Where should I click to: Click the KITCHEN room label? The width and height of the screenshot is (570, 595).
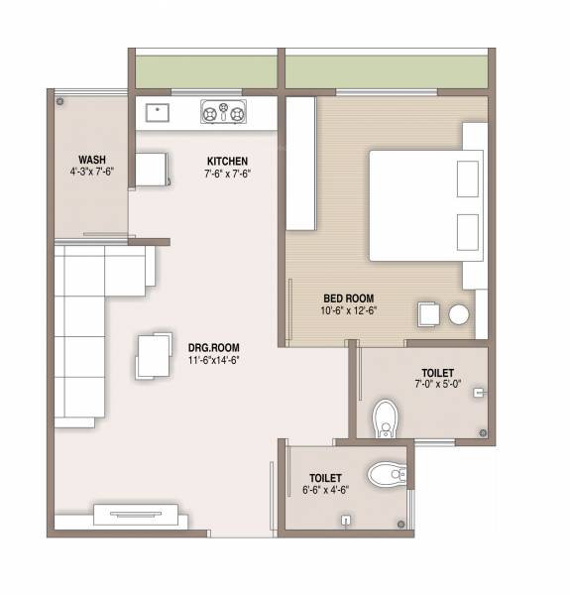[227, 161]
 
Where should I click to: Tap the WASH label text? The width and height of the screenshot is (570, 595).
[92, 160]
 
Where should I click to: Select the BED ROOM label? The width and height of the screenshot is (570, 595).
[349, 297]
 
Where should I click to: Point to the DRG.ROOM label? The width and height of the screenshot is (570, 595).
[213, 348]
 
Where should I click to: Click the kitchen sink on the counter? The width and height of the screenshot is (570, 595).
[157, 110]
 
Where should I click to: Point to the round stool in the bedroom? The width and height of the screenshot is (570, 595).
[458, 314]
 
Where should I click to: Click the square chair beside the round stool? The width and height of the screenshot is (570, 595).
[429, 313]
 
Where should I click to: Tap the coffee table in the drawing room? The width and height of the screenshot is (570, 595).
[153, 355]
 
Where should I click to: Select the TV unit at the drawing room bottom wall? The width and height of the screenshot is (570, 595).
[136, 515]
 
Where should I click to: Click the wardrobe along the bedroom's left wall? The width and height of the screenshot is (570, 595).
[300, 165]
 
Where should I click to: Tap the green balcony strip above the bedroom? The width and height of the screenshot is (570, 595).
[387, 70]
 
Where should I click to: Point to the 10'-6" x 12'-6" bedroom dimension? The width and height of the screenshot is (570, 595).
[349, 309]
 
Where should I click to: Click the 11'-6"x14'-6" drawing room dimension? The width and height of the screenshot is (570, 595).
[214, 360]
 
